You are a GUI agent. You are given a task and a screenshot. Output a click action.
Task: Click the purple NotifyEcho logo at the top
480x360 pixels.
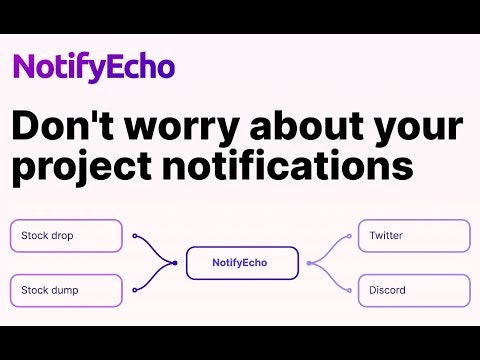coord(93,67)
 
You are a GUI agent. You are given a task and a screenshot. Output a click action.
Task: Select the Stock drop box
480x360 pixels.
coord(66,236)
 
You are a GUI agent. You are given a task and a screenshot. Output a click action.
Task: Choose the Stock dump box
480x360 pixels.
coord(66,291)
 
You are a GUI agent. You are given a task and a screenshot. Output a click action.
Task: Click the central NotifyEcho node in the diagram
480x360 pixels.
coord(241,263)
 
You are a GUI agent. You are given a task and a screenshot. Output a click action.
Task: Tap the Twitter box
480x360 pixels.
coord(414,236)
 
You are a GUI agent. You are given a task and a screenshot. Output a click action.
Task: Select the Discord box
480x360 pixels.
coord(414,291)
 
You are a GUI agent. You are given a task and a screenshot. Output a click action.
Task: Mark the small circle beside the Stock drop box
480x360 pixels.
coord(134,237)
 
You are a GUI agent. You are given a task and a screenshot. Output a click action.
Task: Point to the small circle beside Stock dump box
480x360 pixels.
coord(134,291)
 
